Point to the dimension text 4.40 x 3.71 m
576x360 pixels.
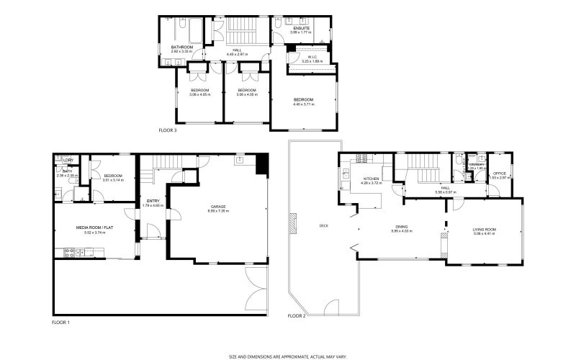[x=303, y=104]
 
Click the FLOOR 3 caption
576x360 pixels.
[x=167, y=131]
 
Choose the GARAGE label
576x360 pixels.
[x=218, y=206]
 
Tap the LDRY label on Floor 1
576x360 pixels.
[x=68, y=160]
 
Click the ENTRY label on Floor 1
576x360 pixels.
[x=153, y=201]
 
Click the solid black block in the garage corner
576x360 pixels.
[x=262, y=165]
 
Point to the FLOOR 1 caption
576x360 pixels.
[x=61, y=322]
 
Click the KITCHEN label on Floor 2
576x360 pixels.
[x=371, y=179]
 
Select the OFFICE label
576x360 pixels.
[x=499, y=173]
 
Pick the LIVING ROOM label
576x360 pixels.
[x=485, y=229]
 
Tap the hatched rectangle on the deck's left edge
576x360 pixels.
[x=293, y=223]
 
